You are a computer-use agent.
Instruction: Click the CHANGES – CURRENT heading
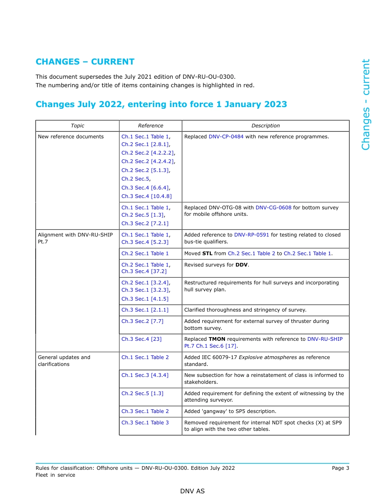[85, 62]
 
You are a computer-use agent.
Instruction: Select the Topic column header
[77, 126]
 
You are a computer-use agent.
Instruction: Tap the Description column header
[265, 126]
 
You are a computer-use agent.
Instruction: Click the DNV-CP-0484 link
[226, 137]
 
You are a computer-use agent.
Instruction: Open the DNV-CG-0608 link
[273, 207]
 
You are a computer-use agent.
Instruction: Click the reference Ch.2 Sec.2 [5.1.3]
[145, 170]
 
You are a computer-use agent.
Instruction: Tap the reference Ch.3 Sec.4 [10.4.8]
[146, 196]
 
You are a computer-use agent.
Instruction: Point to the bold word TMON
[217, 339]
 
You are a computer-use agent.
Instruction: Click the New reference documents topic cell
[71, 137]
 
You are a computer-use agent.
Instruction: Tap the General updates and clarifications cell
[64, 361]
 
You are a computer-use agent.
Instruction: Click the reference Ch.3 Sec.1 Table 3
[145, 423]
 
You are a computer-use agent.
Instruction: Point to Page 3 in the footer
[340, 468]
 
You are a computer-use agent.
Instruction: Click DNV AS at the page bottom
[192, 491]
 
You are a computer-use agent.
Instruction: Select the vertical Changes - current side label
[366, 105]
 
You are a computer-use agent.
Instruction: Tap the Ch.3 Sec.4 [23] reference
[141, 339]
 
